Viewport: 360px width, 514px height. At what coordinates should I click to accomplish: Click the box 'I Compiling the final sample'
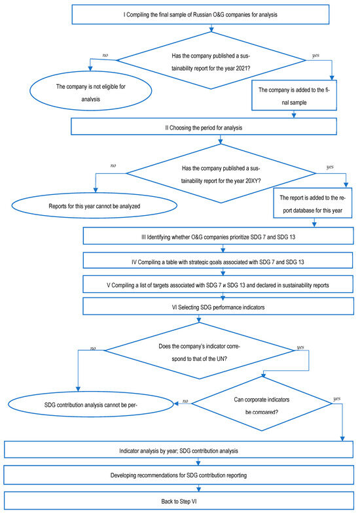pos(200,14)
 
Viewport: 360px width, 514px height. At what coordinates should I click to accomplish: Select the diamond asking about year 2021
pos(211,60)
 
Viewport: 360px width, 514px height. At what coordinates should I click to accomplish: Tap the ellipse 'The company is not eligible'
pos(90,91)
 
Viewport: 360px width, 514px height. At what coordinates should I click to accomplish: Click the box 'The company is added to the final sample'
pos(294,95)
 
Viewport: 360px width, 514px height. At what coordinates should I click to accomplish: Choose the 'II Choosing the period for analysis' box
pos(204,126)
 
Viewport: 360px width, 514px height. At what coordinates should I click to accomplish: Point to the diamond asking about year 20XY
pos(221,173)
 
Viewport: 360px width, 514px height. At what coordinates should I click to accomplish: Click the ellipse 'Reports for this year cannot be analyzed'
pos(94,205)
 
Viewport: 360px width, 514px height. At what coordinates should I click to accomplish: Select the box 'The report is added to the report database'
pos(313,203)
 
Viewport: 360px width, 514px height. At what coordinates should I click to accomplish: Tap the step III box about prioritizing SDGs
pos(218,236)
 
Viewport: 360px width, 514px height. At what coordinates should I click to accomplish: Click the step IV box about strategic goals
pos(218,261)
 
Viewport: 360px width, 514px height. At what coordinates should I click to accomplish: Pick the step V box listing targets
pos(218,284)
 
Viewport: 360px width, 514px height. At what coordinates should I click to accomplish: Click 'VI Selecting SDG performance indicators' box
pos(218,306)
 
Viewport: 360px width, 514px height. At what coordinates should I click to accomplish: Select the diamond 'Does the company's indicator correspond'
pos(199,351)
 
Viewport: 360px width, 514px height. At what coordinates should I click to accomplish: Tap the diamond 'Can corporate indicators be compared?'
pos(262,403)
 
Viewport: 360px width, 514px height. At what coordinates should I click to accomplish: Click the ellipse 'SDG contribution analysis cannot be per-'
pos(90,404)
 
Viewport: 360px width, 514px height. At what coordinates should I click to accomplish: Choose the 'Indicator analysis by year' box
pos(179,450)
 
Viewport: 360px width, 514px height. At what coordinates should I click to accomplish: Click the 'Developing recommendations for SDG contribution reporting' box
pos(179,475)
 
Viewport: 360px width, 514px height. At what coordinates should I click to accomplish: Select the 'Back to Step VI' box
pos(179,500)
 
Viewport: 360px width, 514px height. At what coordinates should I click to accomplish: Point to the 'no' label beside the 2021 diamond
pos(105,56)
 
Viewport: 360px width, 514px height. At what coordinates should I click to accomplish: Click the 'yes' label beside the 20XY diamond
pos(330,167)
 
